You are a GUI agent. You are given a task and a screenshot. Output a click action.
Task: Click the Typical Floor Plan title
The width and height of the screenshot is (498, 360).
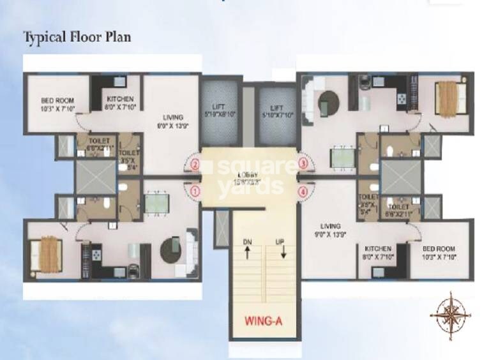pos(77,36)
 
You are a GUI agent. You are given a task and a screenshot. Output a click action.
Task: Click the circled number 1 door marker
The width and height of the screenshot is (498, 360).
pos(196,190)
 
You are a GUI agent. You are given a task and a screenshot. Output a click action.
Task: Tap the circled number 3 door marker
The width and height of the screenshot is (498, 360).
pos(303,165)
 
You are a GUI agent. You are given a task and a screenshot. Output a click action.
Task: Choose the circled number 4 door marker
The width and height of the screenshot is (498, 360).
pos(303,190)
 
